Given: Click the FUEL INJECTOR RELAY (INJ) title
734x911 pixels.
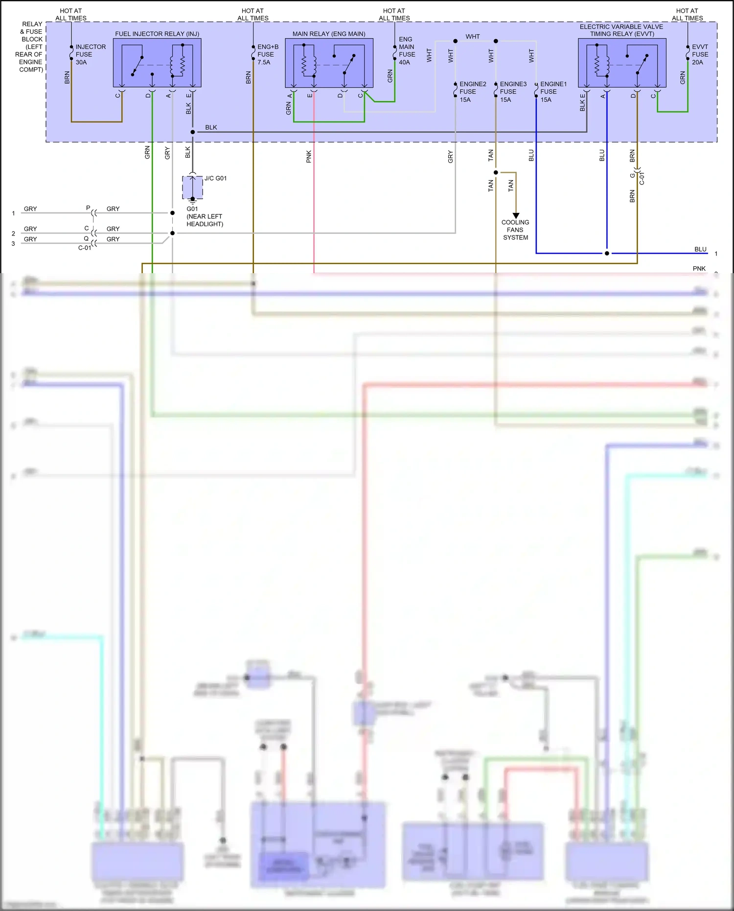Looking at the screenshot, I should click(x=157, y=34).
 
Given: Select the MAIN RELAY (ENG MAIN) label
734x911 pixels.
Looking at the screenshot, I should click(x=329, y=34).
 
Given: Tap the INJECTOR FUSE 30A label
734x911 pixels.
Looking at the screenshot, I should click(x=90, y=54).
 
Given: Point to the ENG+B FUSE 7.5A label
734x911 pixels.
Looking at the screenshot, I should click(x=268, y=54).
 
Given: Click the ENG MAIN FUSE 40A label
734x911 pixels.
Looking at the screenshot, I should click(x=407, y=50).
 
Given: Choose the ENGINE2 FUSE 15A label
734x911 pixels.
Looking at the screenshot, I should click(x=472, y=92).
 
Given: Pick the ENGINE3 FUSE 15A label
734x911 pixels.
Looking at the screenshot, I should click(x=513, y=92).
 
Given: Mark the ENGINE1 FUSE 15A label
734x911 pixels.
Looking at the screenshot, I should click(x=553, y=92).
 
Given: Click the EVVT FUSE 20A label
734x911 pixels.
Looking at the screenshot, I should click(x=700, y=54).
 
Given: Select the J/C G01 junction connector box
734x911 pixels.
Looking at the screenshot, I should click(x=192, y=187).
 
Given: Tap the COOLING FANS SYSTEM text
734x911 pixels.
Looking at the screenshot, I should click(x=515, y=230).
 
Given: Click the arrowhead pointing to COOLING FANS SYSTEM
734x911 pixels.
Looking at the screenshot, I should click(x=516, y=215).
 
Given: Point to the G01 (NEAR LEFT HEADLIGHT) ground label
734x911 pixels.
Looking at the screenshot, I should click(x=205, y=216).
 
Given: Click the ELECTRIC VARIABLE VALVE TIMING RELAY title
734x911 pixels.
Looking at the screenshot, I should click(x=621, y=30).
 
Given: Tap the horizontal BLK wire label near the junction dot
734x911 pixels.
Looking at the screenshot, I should click(x=211, y=127).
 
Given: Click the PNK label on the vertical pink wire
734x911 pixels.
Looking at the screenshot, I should click(x=309, y=157).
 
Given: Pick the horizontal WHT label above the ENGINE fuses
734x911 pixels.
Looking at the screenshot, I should click(x=473, y=37).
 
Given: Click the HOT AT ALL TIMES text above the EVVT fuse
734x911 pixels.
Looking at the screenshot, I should click(x=687, y=14).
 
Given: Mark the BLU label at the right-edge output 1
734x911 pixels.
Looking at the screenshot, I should click(x=700, y=249).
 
